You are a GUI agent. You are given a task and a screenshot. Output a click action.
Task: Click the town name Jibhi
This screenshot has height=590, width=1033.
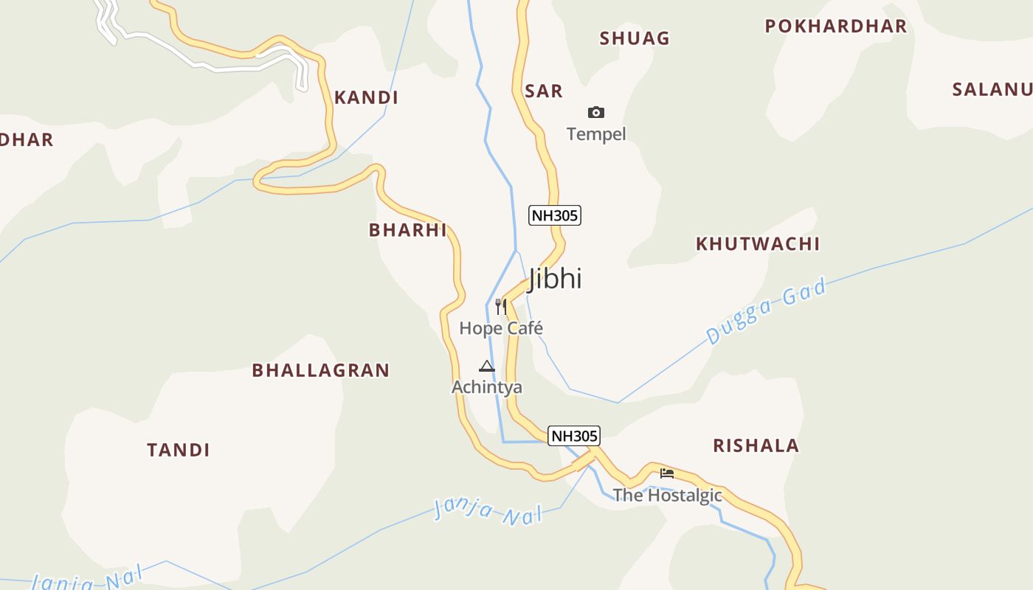[555, 279]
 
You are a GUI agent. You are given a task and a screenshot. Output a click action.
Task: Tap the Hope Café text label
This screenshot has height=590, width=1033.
[501, 328]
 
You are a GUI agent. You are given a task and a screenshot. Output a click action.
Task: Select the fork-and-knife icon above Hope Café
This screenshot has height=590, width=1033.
[501, 306]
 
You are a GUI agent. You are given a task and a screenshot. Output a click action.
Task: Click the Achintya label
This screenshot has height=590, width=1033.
[487, 387]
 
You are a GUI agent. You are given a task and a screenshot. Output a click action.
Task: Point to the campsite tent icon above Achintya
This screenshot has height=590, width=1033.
[486, 366]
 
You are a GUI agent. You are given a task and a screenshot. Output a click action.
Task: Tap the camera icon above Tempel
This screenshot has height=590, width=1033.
[596, 112]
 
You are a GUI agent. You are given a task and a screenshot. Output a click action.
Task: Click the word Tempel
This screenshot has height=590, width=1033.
[596, 134]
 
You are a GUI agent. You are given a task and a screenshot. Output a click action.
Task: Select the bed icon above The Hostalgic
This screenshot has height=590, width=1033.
[667, 473]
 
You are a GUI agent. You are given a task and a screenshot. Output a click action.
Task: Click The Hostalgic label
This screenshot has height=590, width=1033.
[667, 496]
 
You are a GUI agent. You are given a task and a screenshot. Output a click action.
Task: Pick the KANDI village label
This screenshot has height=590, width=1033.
[366, 97]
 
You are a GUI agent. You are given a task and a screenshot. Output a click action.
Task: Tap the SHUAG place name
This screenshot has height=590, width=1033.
[635, 38]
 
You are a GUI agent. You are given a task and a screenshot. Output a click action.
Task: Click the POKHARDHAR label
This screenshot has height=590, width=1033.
[836, 27]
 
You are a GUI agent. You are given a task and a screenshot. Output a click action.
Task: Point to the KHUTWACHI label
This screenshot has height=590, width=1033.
[758, 244]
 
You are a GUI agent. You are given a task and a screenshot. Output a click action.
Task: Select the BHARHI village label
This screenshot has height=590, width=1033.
[408, 230]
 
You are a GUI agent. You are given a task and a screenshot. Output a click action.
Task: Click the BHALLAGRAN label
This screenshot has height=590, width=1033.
[320, 370]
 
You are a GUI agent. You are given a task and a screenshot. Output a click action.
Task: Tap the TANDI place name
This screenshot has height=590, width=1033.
[179, 450]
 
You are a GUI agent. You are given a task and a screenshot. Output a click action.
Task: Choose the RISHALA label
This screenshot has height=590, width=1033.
[756, 445]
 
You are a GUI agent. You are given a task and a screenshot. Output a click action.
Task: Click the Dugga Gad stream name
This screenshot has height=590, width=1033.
[765, 311]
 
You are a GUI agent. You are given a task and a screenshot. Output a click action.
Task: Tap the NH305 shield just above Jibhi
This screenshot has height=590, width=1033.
[555, 215]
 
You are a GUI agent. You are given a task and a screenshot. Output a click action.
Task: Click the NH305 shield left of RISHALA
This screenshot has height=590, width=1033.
[574, 436]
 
